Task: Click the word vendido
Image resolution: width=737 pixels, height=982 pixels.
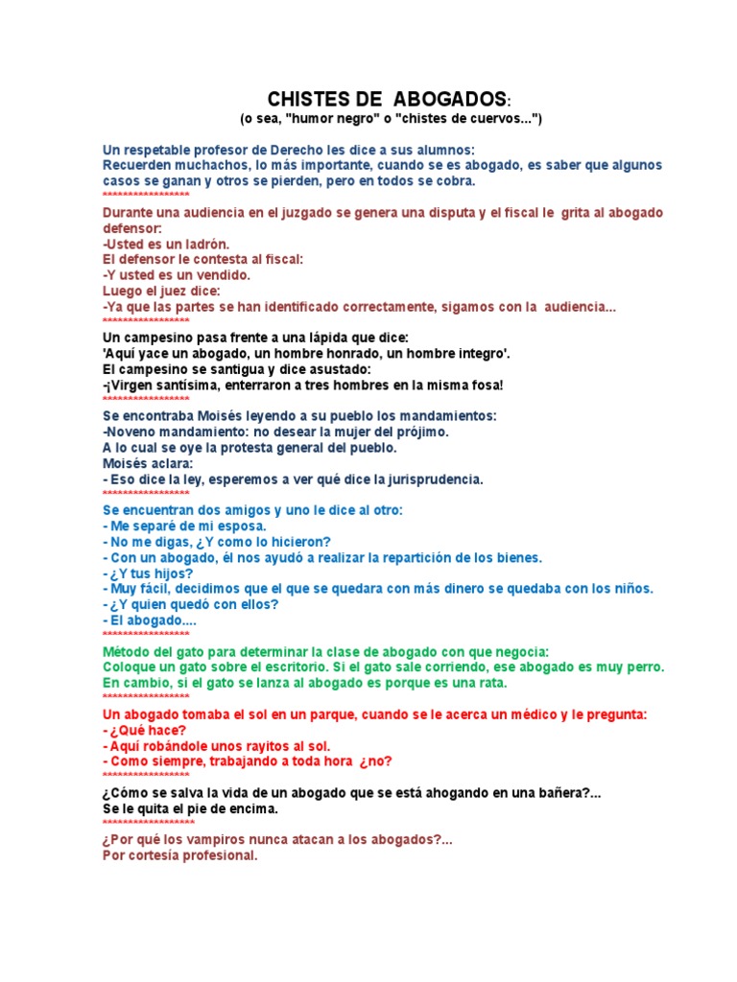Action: pos(222,275)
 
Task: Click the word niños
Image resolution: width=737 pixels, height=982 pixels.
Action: pos(630,589)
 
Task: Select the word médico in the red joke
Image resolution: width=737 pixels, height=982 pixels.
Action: pos(523,715)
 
